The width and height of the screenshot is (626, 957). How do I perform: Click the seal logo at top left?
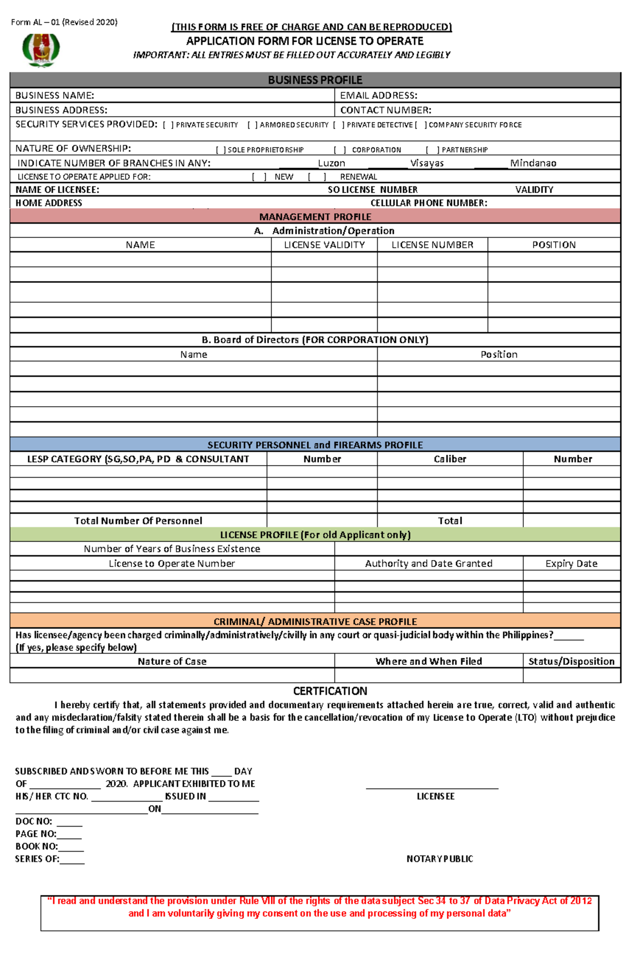pyautogui.click(x=41, y=50)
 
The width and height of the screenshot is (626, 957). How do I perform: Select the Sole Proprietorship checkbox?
pyautogui.click(x=221, y=150)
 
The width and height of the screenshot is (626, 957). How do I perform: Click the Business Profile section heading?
pyautogui.click(x=315, y=80)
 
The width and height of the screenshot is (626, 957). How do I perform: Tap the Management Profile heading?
pyautogui.click(x=315, y=217)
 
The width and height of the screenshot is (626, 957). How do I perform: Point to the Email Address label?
pyautogui.click(x=379, y=95)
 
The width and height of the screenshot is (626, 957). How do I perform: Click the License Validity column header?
pyautogui.click(x=324, y=245)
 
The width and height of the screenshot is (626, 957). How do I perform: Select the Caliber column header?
pyautogui.click(x=450, y=459)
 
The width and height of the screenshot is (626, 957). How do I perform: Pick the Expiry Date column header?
pyautogui.click(x=571, y=564)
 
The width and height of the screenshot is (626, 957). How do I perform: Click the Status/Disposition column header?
pyautogui.click(x=571, y=662)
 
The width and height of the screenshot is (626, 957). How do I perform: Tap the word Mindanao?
pyautogui.click(x=533, y=163)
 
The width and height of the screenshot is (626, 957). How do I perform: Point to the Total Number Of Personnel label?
pyautogui.click(x=138, y=521)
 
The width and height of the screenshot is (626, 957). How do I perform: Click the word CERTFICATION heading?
pyautogui.click(x=330, y=692)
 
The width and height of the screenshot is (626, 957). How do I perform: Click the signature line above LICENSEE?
pyautogui.click(x=432, y=788)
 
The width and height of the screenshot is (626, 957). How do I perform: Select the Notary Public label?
pyautogui.click(x=440, y=859)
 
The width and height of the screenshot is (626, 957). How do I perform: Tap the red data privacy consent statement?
pyautogui.click(x=319, y=907)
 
